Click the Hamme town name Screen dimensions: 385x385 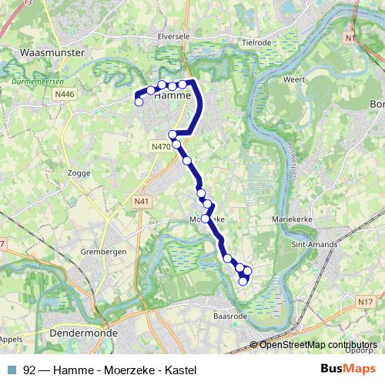click(x=168, y=97)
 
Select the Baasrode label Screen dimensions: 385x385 click(x=229, y=314)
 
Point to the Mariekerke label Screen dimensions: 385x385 click(x=290, y=219)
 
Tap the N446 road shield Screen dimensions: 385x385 click(x=65, y=94)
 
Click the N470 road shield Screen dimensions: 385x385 click(x=160, y=146)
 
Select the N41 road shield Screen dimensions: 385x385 click(x=140, y=202)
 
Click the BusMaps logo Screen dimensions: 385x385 click(x=343, y=369)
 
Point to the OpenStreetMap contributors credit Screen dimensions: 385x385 click(x=318, y=345)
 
